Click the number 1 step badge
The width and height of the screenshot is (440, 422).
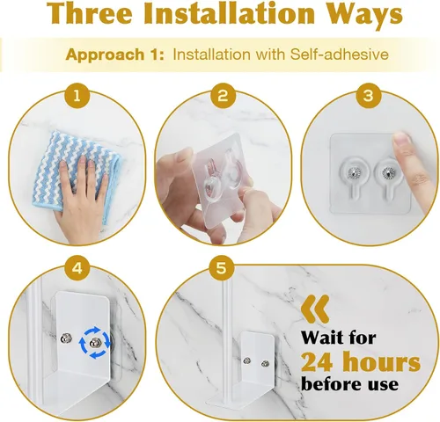[x=77, y=96]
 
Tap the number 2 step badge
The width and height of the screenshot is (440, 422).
[x=223, y=96]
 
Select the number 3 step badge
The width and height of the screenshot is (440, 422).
[x=369, y=96]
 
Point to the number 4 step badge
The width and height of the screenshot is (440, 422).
[x=77, y=268]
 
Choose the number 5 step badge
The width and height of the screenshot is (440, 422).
[x=222, y=268]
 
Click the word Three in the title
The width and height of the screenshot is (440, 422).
[x=89, y=13]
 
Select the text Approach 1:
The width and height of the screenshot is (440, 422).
[x=115, y=55]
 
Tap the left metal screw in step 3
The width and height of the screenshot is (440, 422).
[x=352, y=173]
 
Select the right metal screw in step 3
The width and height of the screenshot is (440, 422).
[x=386, y=174]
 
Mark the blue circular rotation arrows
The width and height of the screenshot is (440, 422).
[x=95, y=343]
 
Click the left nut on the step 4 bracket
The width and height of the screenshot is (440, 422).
[x=65, y=339]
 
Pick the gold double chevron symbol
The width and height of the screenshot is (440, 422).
[x=315, y=309]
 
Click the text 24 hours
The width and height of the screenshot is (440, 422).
[x=361, y=361]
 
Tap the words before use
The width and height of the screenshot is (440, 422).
[x=349, y=383]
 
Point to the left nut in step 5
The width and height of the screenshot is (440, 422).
[x=247, y=360]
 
